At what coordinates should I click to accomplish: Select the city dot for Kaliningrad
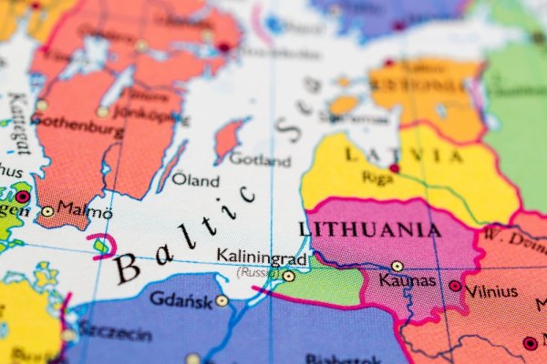(288, 276)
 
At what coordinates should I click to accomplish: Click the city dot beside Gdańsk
(222, 300)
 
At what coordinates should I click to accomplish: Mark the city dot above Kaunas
(397, 267)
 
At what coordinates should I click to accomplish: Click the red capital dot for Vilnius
(455, 286)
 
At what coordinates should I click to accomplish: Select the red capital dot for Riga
(394, 168)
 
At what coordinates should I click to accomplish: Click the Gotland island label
(260, 159)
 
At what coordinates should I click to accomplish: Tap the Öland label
(195, 179)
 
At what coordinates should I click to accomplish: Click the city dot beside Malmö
(47, 211)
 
